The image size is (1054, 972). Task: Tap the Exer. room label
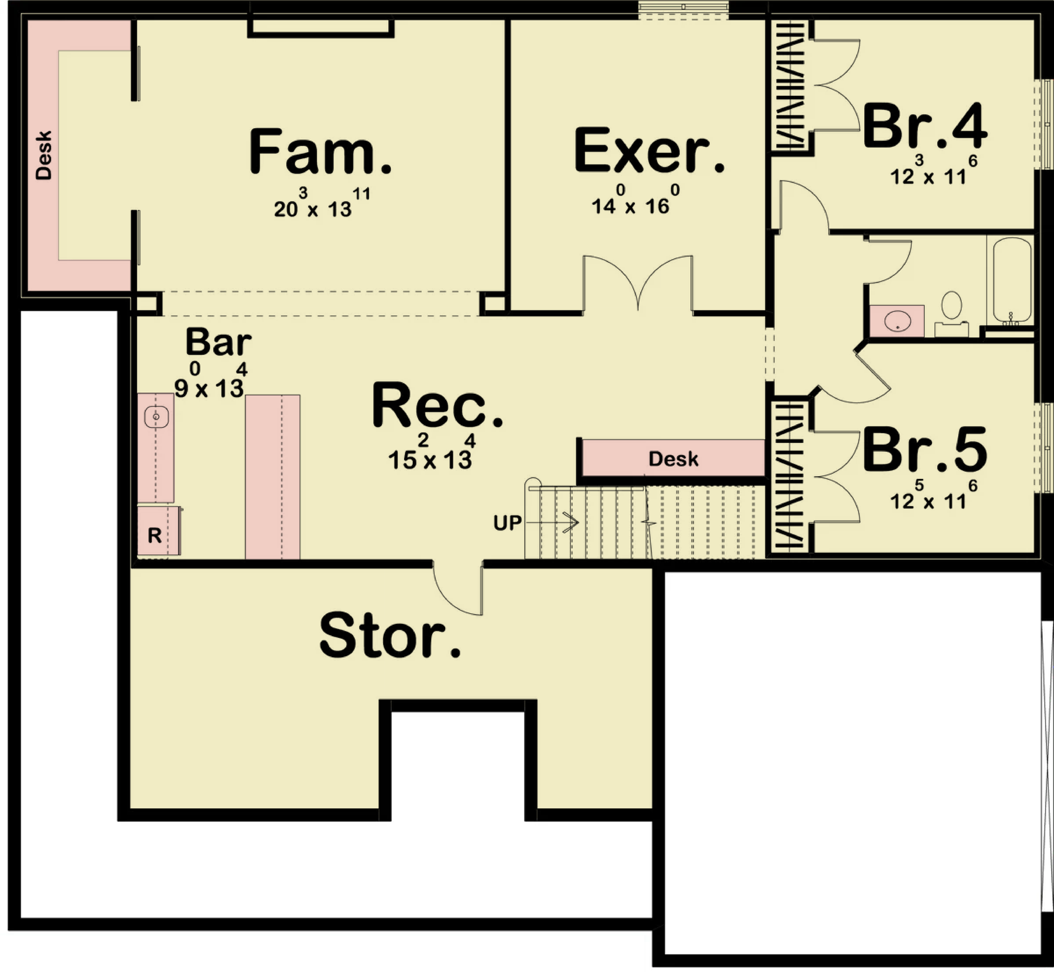tap(649, 150)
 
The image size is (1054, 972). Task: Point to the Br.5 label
tap(925, 450)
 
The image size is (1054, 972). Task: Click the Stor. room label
tap(390, 635)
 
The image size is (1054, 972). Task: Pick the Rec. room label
tap(437, 406)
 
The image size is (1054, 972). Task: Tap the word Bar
tap(218, 342)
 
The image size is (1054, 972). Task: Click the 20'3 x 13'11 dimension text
tap(322, 203)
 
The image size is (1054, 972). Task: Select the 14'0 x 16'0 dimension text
tap(636, 200)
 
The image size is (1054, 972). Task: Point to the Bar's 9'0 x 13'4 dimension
tap(210, 381)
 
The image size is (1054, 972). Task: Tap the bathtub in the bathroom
tap(1012, 281)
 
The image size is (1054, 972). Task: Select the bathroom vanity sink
tap(898, 321)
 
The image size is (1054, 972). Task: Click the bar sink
tap(156, 417)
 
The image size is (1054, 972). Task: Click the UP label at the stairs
tap(507, 523)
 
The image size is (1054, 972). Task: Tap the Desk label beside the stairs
tap(673, 459)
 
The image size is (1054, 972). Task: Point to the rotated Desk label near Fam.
tap(44, 155)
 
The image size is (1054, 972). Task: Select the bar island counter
tap(272, 477)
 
